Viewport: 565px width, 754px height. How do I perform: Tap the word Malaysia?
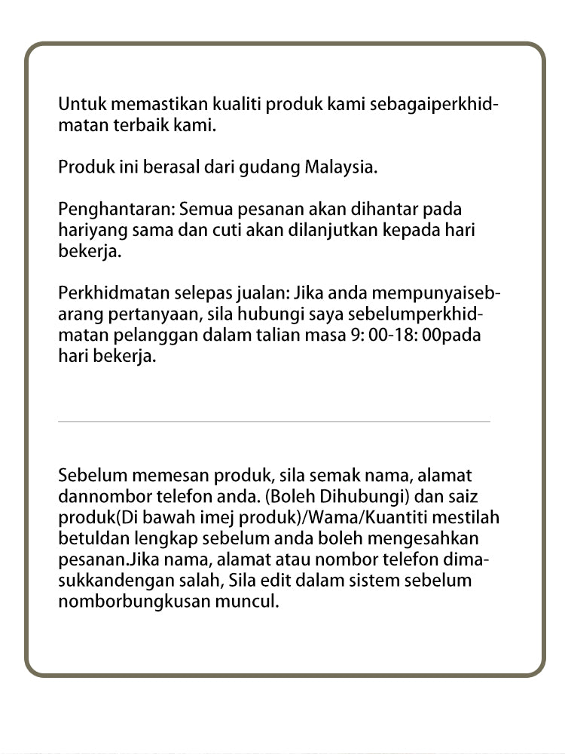(x=340, y=167)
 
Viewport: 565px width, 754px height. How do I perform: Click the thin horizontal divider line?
(x=273, y=421)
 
